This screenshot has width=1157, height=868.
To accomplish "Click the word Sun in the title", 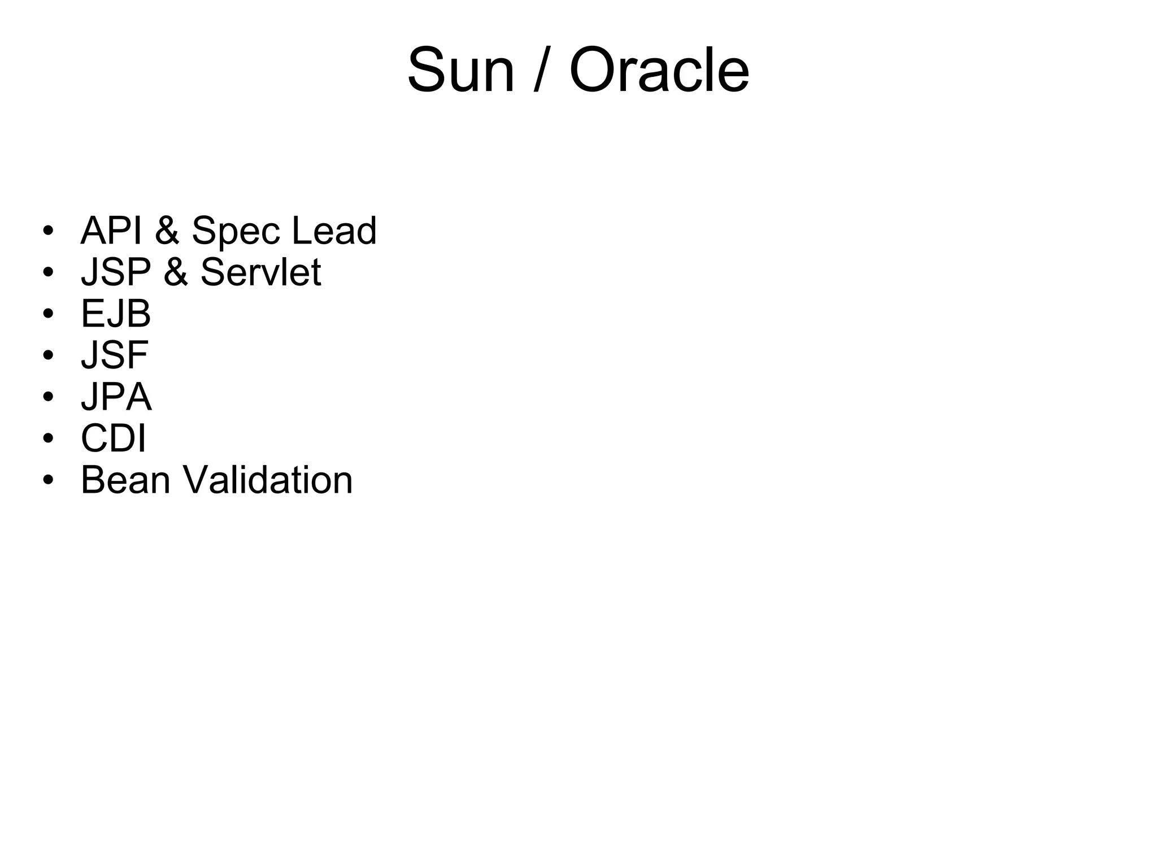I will tap(460, 71).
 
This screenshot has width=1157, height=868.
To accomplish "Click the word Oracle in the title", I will tap(659, 71).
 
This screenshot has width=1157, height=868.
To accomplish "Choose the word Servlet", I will tap(260, 272).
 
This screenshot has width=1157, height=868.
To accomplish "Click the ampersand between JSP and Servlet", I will tap(176, 272).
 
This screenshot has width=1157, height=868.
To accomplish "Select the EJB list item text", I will tap(116, 314).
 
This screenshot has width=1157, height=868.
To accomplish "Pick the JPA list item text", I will tap(116, 397).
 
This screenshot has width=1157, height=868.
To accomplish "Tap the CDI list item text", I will tap(114, 438).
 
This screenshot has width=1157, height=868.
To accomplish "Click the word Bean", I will tap(125, 480).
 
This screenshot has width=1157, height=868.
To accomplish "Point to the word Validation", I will tap(267, 480).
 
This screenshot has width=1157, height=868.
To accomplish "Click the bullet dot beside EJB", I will tap(48, 314).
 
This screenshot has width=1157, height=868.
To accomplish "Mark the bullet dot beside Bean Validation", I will tap(48, 480).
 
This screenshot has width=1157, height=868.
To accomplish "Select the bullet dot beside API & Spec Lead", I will tap(48, 231).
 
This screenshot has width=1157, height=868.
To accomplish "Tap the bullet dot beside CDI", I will tap(48, 439).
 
